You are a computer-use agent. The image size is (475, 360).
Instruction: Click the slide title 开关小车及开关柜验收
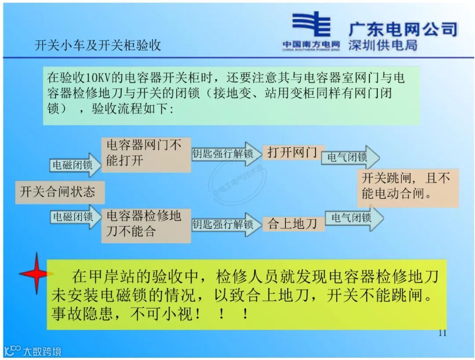98,45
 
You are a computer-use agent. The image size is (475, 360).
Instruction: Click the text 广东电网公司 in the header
403,29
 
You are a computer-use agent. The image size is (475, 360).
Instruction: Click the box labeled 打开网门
292,153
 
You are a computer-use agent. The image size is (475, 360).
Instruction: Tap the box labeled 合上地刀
292,224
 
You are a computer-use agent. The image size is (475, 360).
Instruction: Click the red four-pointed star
36,273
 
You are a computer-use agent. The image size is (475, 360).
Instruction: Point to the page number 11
442,333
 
